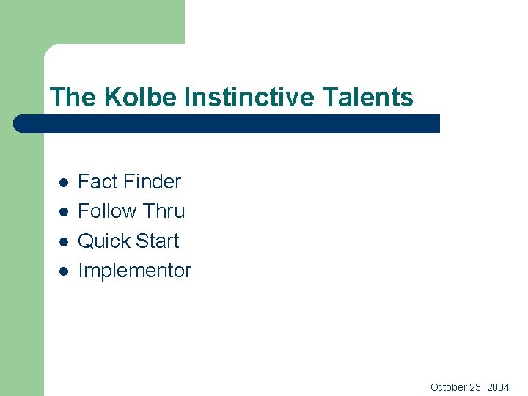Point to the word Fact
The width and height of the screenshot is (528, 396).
point(97,181)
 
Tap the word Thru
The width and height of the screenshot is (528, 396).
point(164,211)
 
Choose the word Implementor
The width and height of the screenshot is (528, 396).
point(134,271)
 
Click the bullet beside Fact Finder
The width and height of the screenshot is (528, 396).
point(64,183)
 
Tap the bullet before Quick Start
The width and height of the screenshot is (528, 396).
point(64,242)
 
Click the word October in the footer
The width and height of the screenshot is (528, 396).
point(449,386)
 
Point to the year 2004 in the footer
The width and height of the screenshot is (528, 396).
point(497,386)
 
